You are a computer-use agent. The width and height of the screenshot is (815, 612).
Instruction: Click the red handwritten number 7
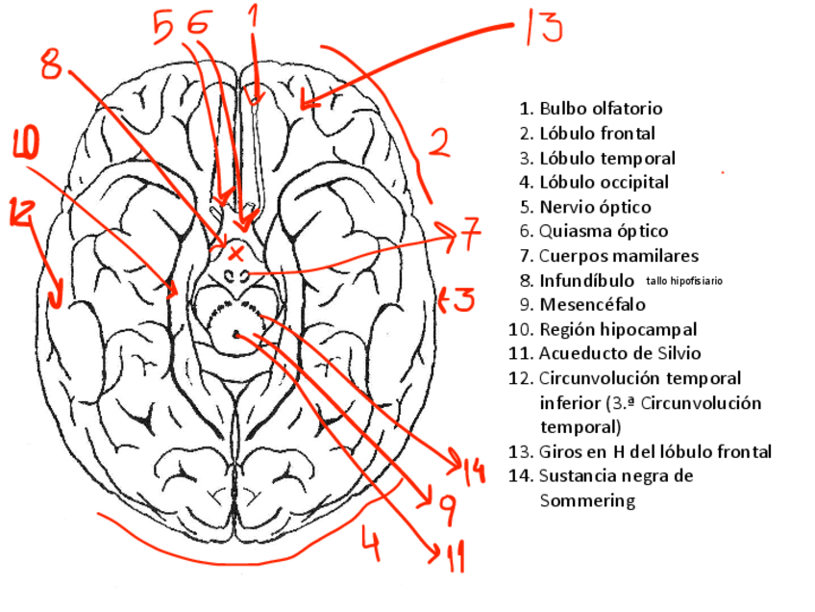click(x=468, y=234)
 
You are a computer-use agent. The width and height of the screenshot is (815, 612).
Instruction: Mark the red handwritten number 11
click(x=453, y=556)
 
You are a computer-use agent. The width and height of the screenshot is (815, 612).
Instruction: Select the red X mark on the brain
click(x=235, y=252)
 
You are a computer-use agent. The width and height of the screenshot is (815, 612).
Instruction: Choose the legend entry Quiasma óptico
click(x=603, y=231)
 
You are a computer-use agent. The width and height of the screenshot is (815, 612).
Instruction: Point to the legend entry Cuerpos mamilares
click(x=618, y=256)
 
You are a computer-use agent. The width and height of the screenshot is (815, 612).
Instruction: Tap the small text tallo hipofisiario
click(x=684, y=281)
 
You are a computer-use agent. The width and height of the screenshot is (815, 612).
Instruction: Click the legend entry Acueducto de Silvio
click(x=620, y=353)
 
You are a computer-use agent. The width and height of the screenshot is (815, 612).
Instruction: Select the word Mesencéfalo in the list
click(x=592, y=305)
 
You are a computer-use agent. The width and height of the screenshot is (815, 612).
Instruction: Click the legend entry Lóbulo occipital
click(x=604, y=182)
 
